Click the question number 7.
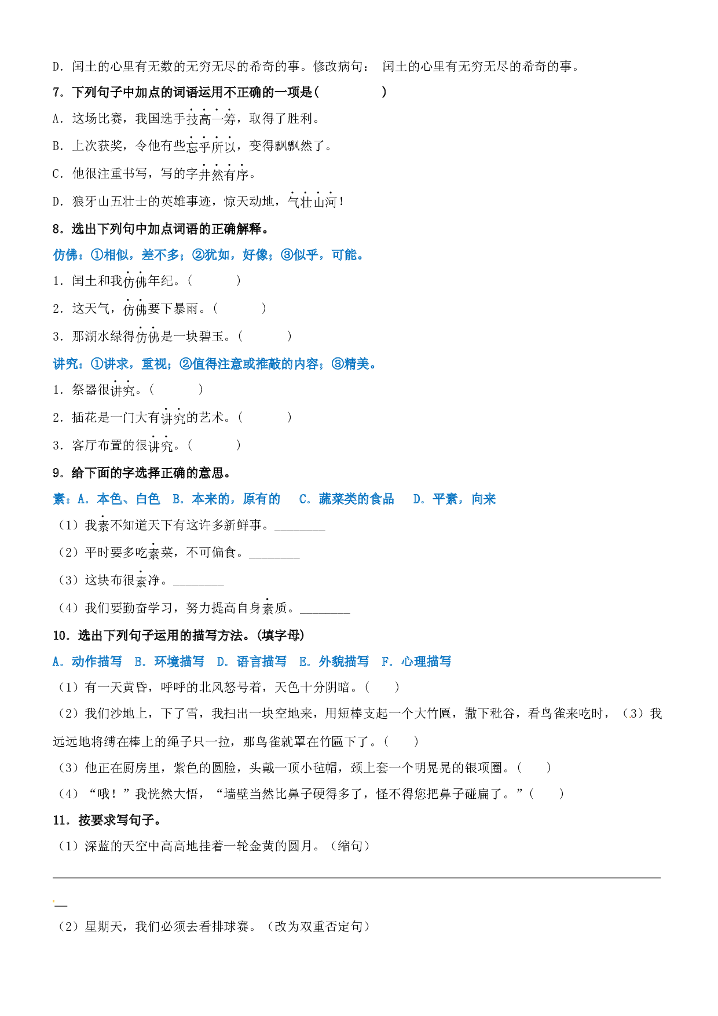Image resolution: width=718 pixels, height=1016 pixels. [x=58, y=92]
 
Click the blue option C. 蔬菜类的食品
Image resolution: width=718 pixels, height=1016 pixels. [x=346, y=499]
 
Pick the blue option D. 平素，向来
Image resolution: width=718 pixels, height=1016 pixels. [x=455, y=499]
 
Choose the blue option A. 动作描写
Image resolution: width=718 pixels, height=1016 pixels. [x=87, y=662]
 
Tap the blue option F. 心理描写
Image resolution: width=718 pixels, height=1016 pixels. [x=416, y=662]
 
